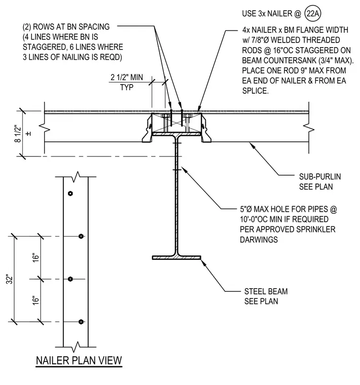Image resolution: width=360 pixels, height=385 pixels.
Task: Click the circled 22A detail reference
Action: point(312,14)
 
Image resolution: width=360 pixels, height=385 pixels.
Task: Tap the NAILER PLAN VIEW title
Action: point(79,361)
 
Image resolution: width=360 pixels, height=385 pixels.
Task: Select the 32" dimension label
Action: point(9,280)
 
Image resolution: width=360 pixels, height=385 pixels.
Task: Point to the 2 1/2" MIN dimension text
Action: point(127,78)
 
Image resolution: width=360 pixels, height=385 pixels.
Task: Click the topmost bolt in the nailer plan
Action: point(70,194)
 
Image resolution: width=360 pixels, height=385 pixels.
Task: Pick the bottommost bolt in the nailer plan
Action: point(81,322)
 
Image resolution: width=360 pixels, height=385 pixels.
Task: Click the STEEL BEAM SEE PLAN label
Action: point(266,296)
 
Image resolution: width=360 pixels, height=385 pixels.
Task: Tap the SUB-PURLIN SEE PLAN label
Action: point(320,182)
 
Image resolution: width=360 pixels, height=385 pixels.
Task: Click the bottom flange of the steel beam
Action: point(176,257)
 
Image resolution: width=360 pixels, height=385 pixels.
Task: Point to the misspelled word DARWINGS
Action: point(259,240)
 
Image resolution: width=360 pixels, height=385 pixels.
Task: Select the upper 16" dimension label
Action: point(36,257)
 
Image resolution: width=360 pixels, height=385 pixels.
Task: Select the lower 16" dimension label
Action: point(36,300)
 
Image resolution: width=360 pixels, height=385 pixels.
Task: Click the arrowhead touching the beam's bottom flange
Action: point(203,262)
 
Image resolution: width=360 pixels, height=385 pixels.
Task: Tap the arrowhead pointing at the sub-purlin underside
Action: point(251,144)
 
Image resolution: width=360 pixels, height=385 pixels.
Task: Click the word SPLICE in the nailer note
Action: point(255,91)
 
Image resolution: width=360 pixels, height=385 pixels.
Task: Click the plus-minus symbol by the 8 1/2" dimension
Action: point(28,134)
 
